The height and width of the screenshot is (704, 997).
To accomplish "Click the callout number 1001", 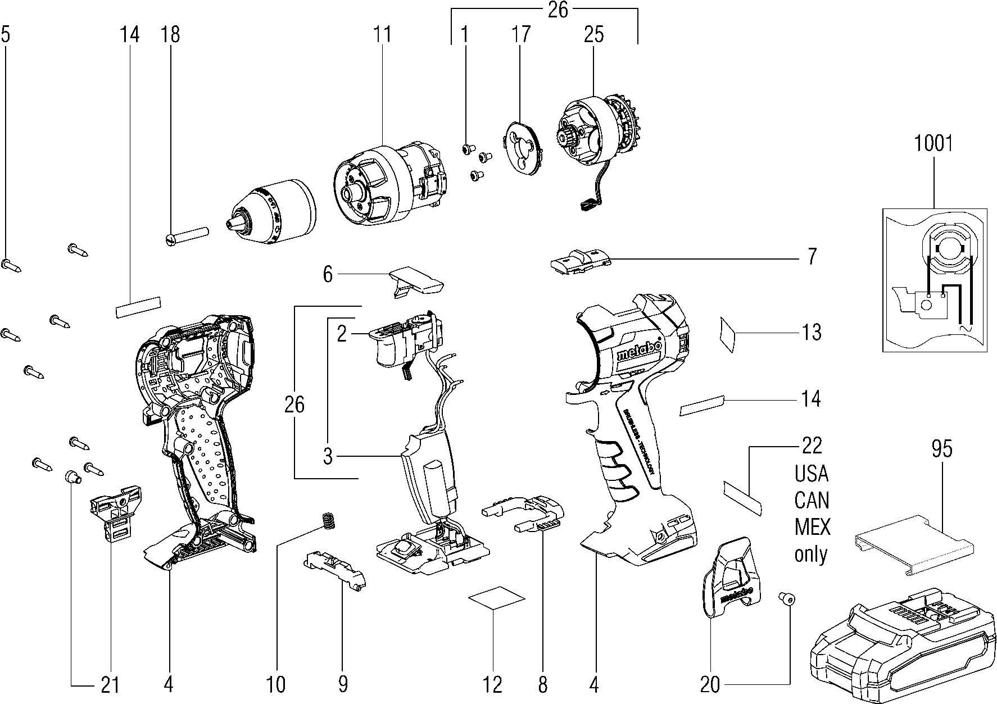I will pyautogui.click(x=933, y=143).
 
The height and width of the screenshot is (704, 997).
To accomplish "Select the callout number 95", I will pyautogui.click(x=941, y=449).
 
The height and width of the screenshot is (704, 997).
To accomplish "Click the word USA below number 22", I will pyautogui.click(x=811, y=474).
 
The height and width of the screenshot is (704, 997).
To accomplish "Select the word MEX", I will pyautogui.click(x=812, y=528).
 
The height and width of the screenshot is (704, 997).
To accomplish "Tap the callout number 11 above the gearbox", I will pyautogui.click(x=382, y=34).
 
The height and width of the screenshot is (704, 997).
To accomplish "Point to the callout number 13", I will pyautogui.click(x=812, y=332).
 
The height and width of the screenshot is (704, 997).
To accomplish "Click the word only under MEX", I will pyautogui.click(x=811, y=554).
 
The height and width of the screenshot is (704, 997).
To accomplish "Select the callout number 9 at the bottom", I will pyautogui.click(x=342, y=684).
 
